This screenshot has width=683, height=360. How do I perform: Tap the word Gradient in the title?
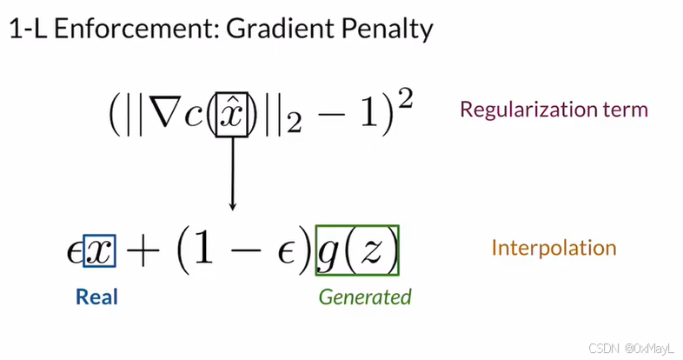point(271,31)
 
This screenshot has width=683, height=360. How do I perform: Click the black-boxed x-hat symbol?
point(231,114)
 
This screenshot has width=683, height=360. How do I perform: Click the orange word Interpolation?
point(554,248)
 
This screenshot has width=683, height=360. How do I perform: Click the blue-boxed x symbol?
point(99,251)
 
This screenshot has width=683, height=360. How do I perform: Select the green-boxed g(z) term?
point(357,251)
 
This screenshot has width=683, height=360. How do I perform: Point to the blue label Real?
point(96,297)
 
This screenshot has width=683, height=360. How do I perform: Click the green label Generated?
point(364,297)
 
